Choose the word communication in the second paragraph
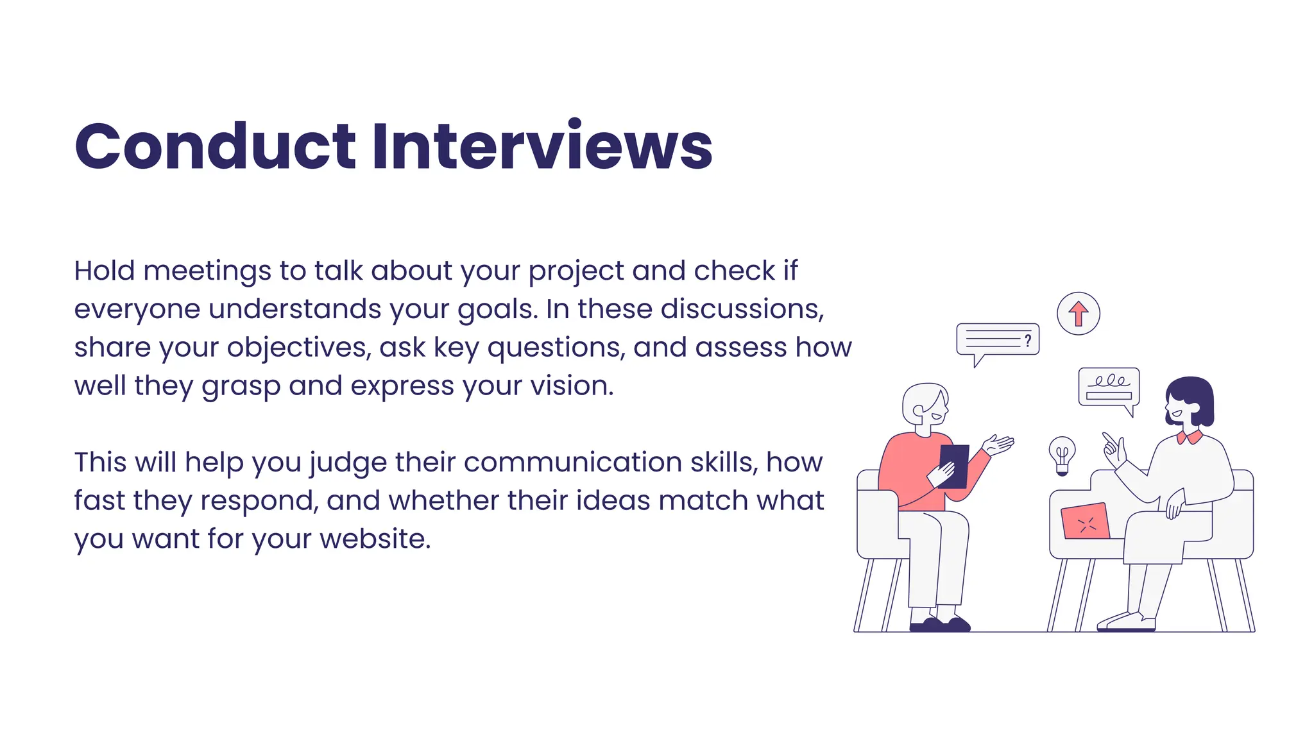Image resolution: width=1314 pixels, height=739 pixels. (572, 463)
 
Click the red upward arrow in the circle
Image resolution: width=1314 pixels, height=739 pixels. (1079, 314)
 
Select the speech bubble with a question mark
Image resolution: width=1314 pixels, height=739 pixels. (998, 339)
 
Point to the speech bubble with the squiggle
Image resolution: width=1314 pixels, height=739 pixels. (1109, 387)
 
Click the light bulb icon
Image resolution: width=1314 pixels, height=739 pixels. (1062, 455)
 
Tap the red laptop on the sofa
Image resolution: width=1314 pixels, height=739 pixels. (1085, 522)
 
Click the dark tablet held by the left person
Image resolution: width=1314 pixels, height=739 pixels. (954, 465)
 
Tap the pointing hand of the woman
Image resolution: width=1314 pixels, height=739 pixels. (1114, 448)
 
